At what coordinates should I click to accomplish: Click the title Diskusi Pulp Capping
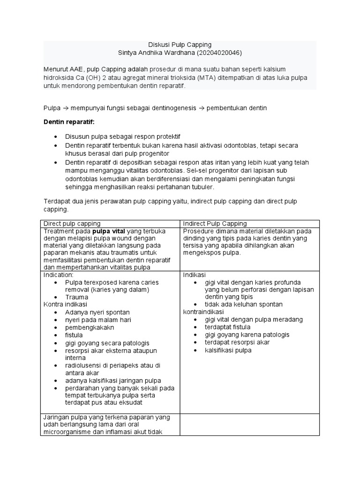180,45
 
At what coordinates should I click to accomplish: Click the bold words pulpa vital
108,232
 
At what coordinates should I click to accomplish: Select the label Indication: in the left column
58,275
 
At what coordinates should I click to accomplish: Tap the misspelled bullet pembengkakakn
88,328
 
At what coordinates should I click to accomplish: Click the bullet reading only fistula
74,335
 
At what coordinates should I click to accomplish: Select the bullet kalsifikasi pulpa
228,350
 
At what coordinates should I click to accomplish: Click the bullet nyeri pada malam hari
98,320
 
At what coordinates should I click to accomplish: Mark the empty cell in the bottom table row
249,424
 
